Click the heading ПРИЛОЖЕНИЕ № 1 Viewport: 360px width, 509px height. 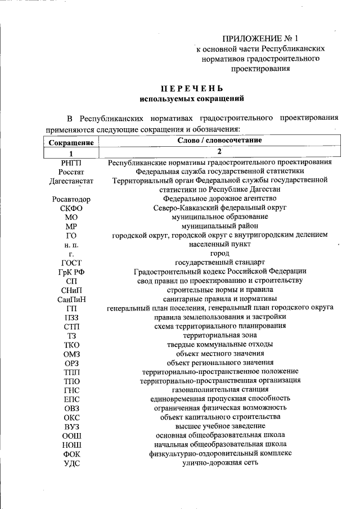point(259,39)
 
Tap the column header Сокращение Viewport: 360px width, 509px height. point(71,143)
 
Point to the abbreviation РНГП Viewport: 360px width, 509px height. point(71,163)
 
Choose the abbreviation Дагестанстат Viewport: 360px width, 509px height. point(71,181)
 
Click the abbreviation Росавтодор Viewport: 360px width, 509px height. point(71,199)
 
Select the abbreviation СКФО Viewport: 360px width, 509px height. point(71,208)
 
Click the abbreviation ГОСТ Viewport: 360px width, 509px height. point(71,263)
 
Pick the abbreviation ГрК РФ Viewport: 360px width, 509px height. point(71,272)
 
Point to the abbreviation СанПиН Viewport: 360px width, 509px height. point(71,299)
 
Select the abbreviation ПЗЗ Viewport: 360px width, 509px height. point(71,317)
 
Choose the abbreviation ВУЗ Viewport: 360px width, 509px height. point(71,426)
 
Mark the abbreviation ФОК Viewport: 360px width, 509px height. point(71,453)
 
